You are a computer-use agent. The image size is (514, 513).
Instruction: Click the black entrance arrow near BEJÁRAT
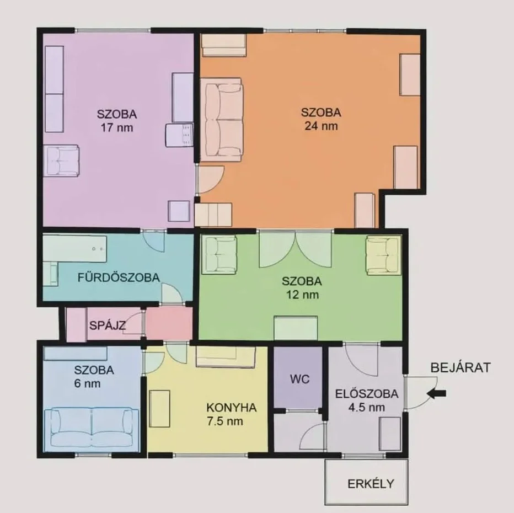point(437,394)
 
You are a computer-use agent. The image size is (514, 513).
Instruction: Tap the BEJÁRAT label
point(461,367)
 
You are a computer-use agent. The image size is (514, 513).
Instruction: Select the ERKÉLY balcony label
point(371,484)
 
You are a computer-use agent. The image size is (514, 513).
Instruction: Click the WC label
point(299,380)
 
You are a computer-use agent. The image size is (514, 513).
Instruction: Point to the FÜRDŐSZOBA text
point(119,277)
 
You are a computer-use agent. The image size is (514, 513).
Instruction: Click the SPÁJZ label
point(108,325)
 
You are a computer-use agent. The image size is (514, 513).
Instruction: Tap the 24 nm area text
point(321,126)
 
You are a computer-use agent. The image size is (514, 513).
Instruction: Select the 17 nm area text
point(117,127)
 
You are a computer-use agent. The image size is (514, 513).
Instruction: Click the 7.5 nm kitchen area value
point(225,421)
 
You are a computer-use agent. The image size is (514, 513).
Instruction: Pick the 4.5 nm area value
point(367,408)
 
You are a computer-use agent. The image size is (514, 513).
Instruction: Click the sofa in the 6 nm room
point(92,427)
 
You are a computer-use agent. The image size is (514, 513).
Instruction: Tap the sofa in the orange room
point(222,120)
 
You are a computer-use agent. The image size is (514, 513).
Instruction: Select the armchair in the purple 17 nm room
point(62,161)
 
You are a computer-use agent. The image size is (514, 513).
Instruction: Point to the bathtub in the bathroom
point(75,248)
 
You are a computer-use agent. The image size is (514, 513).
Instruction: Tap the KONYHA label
point(232,408)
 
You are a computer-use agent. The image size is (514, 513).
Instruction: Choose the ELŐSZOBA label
point(367,394)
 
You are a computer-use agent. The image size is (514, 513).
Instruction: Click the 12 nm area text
point(302,295)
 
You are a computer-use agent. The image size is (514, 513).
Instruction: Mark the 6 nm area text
point(87,383)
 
